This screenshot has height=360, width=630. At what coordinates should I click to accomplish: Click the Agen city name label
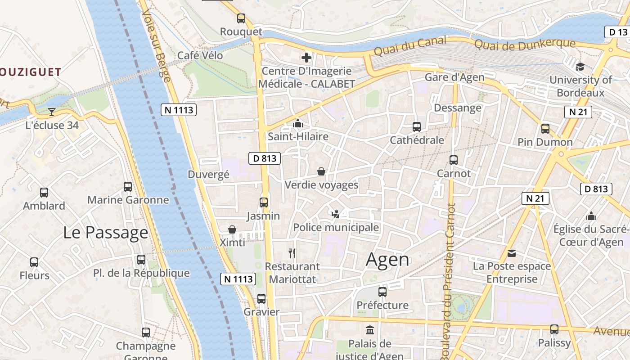[x=387, y=260]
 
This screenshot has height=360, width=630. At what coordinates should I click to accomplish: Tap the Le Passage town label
[x=105, y=233]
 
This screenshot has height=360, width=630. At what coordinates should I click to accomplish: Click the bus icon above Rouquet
[x=241, y=18]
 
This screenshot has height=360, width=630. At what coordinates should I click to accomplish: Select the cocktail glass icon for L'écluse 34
[x=52, y=112]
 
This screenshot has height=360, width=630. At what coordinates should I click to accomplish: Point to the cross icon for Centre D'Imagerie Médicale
[x=306, y=58]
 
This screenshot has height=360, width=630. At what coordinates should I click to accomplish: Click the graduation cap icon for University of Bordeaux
[x=580, y=67]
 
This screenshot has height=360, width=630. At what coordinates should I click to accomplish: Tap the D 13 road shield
[x=617, y=32]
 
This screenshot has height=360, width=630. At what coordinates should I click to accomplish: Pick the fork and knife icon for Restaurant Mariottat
[x=292, y=253]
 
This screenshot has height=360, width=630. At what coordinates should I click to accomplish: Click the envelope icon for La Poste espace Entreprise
[x=512, y=253]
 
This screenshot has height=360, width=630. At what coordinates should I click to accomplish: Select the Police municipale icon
[x=335, y=214]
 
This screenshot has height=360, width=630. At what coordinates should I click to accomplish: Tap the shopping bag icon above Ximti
[x=232, y=230]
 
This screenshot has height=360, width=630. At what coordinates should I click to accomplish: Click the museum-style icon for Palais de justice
[x=370, y=331]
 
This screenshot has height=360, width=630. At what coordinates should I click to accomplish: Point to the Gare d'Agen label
[x=454, y=77]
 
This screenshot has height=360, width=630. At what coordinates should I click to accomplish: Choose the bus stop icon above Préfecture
[x=382, y=292]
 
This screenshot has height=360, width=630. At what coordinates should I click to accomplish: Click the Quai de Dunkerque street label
[x=525, y=44]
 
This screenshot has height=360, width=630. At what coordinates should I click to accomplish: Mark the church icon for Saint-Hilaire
[x=298, y=123]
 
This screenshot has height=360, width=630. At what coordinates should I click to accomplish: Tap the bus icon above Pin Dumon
[x=545, y=129]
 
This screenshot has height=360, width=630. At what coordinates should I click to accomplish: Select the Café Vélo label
[x=200, y=55]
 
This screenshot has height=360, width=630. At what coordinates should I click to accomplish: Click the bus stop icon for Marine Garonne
[x=128, y=187]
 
